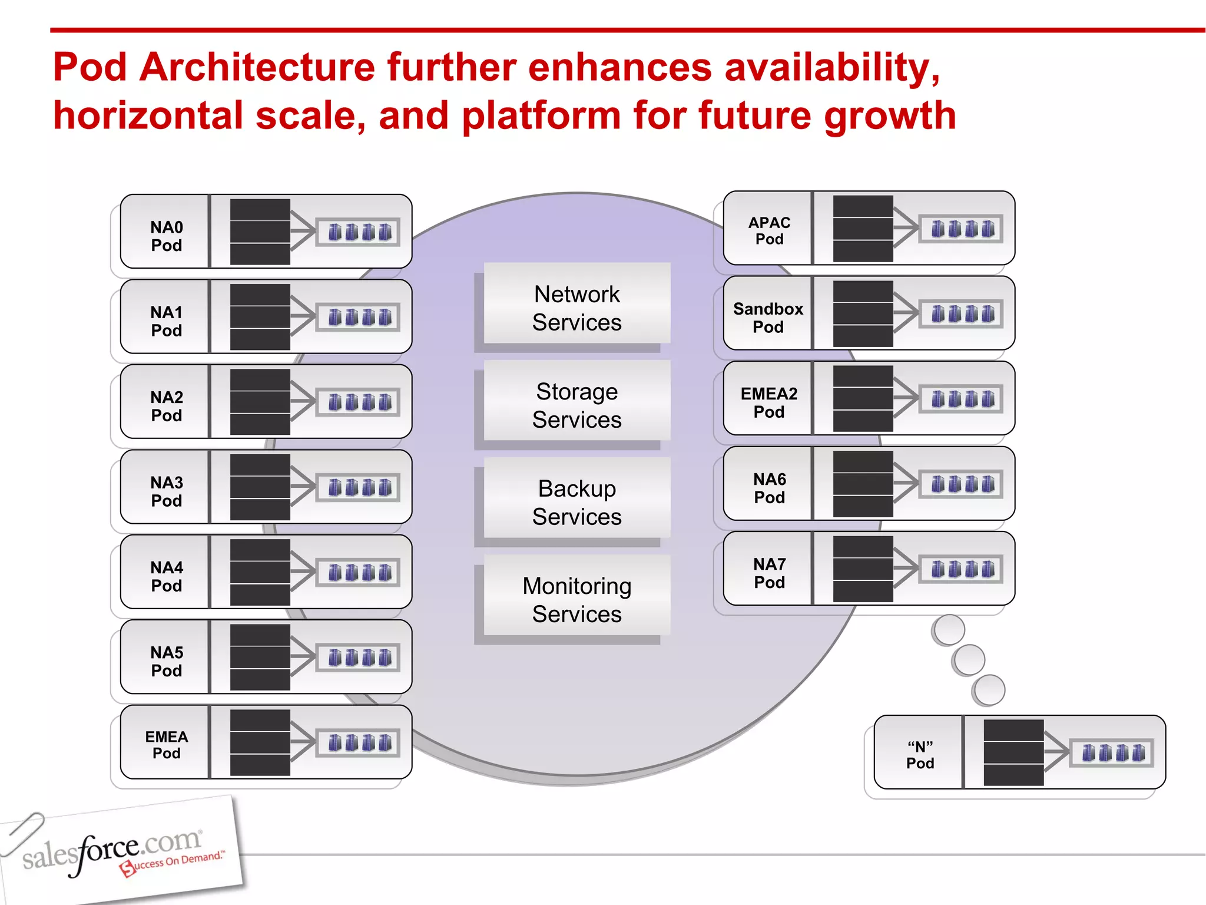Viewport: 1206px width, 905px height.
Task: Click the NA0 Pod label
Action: pyautogui.click(x=166, y=236)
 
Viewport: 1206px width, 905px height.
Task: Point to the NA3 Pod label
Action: pyautogui.click(x=166, y=491)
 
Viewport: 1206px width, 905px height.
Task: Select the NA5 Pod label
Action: pyautogui.click(x=166, y=661)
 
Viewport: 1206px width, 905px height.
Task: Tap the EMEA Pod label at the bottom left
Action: pyautogui.click(x=166, y=745)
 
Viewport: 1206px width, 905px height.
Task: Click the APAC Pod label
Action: pyautogui.click(x=769, y=230)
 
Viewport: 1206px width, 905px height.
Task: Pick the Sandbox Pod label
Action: pyautogui.click(x=768, y=317)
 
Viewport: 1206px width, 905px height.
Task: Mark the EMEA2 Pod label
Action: pyautogui.click(x=769, y=402)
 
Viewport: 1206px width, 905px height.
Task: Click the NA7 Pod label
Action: pyautogui.click(x=769, y=573)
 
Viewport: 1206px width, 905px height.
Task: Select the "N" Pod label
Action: pyautogui.click(x=920, y=755)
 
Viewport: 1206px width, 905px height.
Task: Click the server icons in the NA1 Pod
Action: pyautogui.click(x=359, y=318)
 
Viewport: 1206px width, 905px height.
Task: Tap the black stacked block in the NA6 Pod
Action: pyautogui.click(x=863, y=484)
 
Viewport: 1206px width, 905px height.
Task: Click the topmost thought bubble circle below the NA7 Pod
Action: pyautogui.click(x=948, y=629)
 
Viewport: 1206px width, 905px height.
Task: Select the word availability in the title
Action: pyautogui.click(x=831, y=67)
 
